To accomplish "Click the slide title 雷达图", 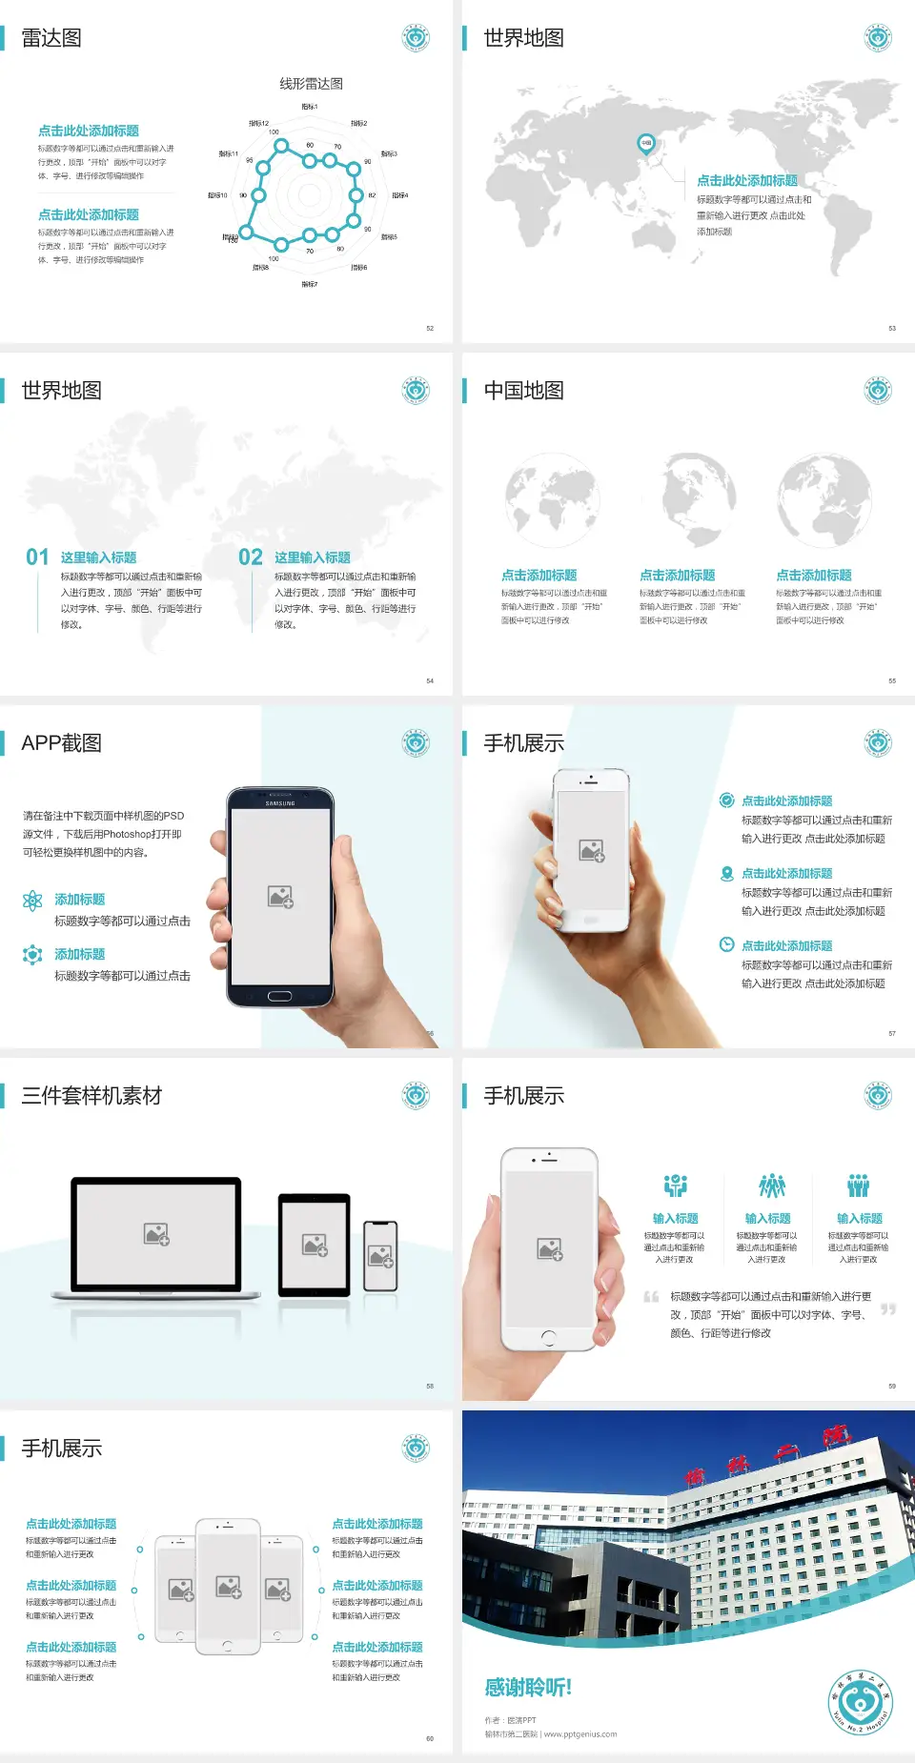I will point(51,38).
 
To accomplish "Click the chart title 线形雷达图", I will point(311,84).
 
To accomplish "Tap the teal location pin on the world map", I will point(645,144).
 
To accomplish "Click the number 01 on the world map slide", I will point(37,557).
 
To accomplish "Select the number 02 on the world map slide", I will point(251,557).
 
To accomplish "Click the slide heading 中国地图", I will point(523,391).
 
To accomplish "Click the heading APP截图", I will point(61,743).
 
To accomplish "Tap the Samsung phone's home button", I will point(279,996).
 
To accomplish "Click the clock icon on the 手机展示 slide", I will point(726,944).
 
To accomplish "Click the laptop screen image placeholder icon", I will point(156,1234).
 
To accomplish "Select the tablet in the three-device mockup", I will point(315,1245).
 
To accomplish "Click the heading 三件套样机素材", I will point(91,1096).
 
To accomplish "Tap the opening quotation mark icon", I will point(651,1297).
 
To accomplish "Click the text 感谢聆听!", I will point(528,1688).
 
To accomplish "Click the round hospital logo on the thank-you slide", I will point(860,1702).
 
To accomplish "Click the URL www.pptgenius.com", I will point(580,1734).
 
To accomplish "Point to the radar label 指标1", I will point(310,107).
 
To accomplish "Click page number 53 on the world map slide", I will point(892,328).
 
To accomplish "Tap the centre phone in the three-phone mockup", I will point(228,1587).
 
